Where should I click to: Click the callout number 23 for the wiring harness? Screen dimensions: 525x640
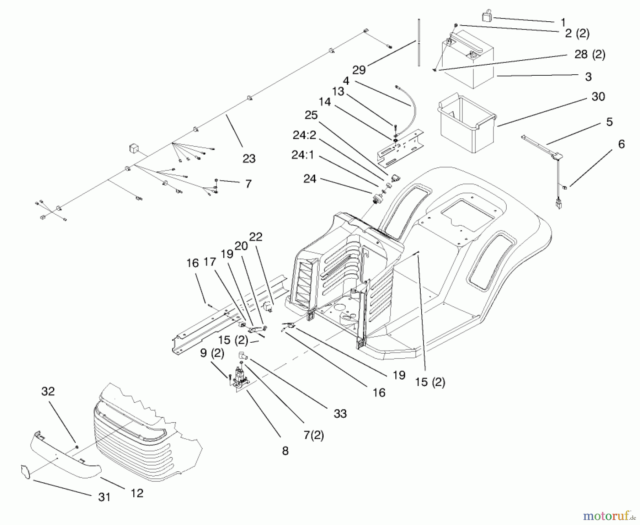pyautogui.click(x=249, y=159)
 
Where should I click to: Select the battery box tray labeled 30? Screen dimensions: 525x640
pyautogui.click(x=466, y=124)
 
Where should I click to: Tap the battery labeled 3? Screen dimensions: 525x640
pyautogui.click(x=469, y=60)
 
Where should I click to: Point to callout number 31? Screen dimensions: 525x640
pyautogui.click(x=104, y=497)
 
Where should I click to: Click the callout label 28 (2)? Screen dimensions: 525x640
pyautogui.click(x=590, y=54)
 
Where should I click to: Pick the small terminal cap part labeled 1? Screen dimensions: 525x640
pyautogui.click(x=486, y=17)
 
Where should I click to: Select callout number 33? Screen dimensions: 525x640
pyautogui.click(x=340, y=413)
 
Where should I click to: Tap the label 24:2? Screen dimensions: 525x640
pyautogui.click(x=304, y=135)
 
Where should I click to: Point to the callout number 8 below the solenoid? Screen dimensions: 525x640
pyautogui.click(x=285, y=451)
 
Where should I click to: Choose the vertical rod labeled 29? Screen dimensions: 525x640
pyautogui.click(x=419, y=43)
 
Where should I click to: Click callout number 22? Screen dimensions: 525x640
pyautogui.click(x=256, y=237)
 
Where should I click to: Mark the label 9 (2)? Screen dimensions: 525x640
pyautogui.click(x=212, y=353)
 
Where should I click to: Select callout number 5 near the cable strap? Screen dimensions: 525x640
pyautogui.click(x=609, y=122)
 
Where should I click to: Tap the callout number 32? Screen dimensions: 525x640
pyautogui.click(x=48, y=391)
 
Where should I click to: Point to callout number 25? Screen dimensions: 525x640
pyautogui.click(x=311, y=115)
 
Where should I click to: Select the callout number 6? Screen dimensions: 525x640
pyautogui.click(x=621, y=144)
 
